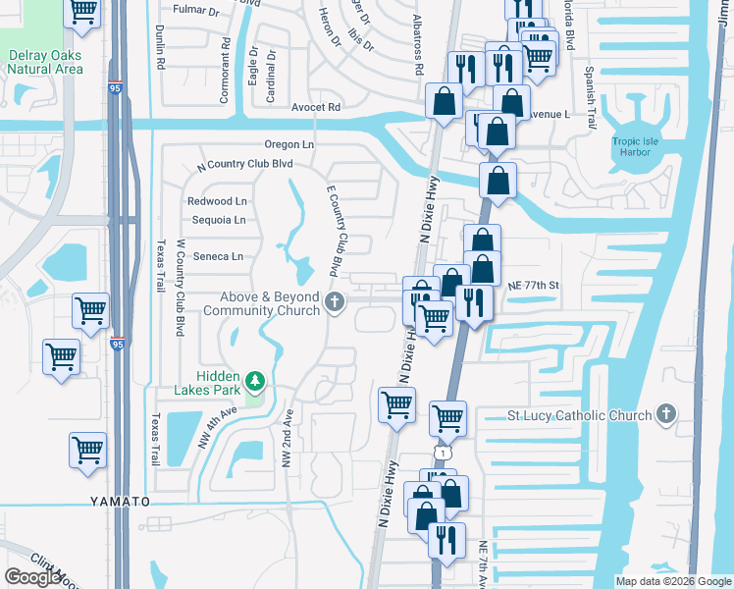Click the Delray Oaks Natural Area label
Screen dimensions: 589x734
[45, 63]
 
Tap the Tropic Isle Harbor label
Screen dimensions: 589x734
[640, 147]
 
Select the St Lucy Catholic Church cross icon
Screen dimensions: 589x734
[666, 414]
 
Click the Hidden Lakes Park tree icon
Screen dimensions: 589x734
[255, 380]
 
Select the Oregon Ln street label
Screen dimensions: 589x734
[288, 144]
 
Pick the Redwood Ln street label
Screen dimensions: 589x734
[217, 201]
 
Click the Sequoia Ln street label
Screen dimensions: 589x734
[218, 220]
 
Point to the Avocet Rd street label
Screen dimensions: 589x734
[315, 107]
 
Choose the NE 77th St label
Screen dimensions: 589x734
[533, 285]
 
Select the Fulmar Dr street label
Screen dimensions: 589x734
[195, 9]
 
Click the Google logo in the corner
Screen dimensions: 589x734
[32, 576]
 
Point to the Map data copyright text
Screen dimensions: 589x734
[672, 581]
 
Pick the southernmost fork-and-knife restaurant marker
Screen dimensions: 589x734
[446, 539]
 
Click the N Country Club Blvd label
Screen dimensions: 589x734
[245, 165]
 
